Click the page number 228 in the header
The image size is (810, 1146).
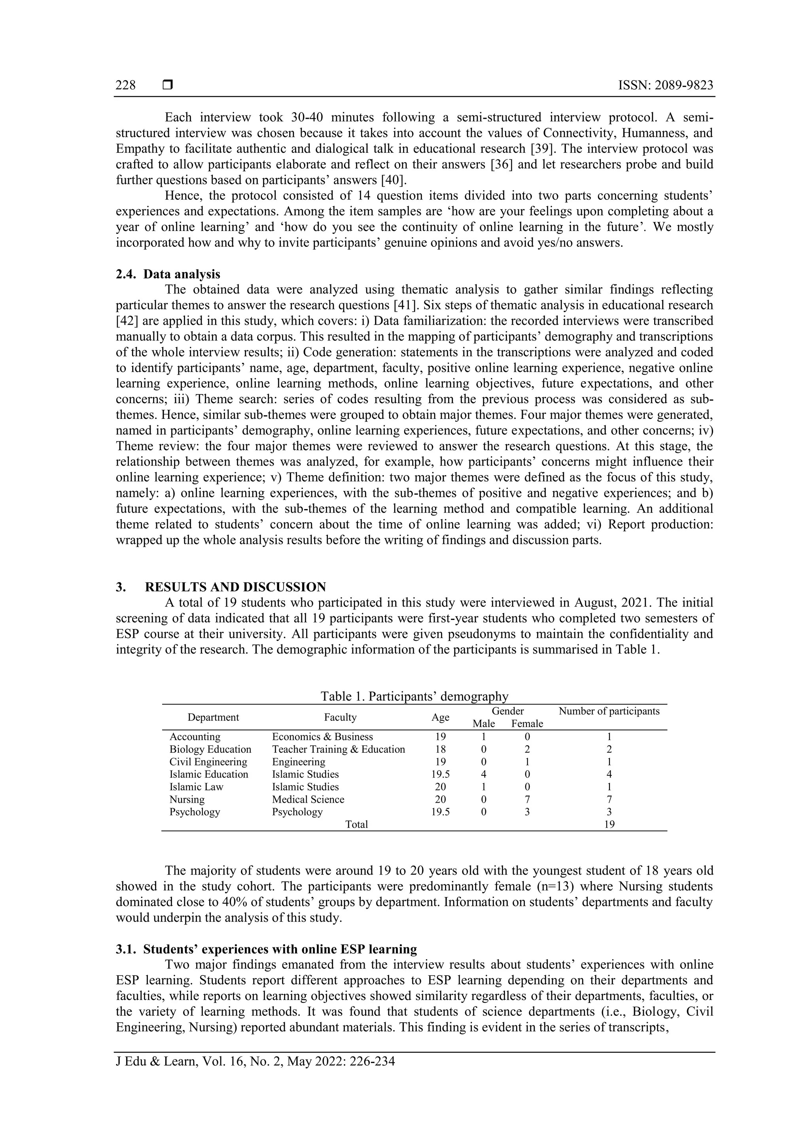(x=125, y=85)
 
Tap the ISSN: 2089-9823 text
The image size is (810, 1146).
(x=665, y=85)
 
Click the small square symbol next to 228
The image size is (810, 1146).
(x=168, y=85)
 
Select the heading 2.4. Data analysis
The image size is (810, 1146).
(x=168, y=274)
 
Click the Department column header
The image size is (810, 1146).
(x=213, y=717)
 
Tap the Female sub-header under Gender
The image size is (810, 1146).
(x=527, y=724)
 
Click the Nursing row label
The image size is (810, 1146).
(x=187, y=799)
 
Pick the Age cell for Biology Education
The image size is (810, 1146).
(x=440, y=749)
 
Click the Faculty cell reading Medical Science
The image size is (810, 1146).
(x=308, y=799)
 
